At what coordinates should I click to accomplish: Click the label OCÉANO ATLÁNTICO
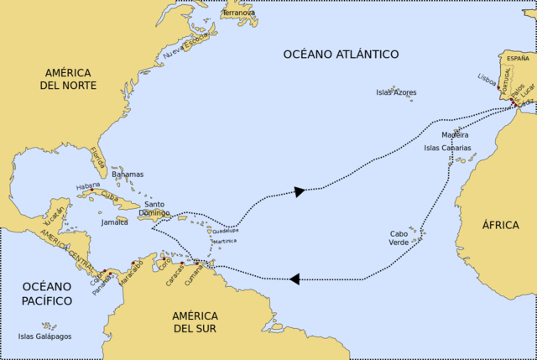[x=340, y=54]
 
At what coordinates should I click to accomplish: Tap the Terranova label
[x=239, y=13]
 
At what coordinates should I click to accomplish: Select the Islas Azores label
[x=396, y=92]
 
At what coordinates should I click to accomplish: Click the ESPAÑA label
[x=519, y=59]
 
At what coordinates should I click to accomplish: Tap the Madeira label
[x=455, y=134]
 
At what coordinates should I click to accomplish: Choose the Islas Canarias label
[x=447, y=148]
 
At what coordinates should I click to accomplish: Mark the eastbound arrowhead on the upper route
[x=299, y=191]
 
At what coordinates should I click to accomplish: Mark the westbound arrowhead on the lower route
[x=295, y=279]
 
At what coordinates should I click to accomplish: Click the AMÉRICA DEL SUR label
[x=195, y=321]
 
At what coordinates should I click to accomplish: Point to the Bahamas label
[x=128, y=175]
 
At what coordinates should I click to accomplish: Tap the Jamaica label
[x=115, y=222]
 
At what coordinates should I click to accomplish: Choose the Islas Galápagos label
[x=45, y=336]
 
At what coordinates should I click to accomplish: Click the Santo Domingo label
[x=154, y=209]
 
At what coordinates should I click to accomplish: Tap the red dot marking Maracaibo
[x=133, y=263]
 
